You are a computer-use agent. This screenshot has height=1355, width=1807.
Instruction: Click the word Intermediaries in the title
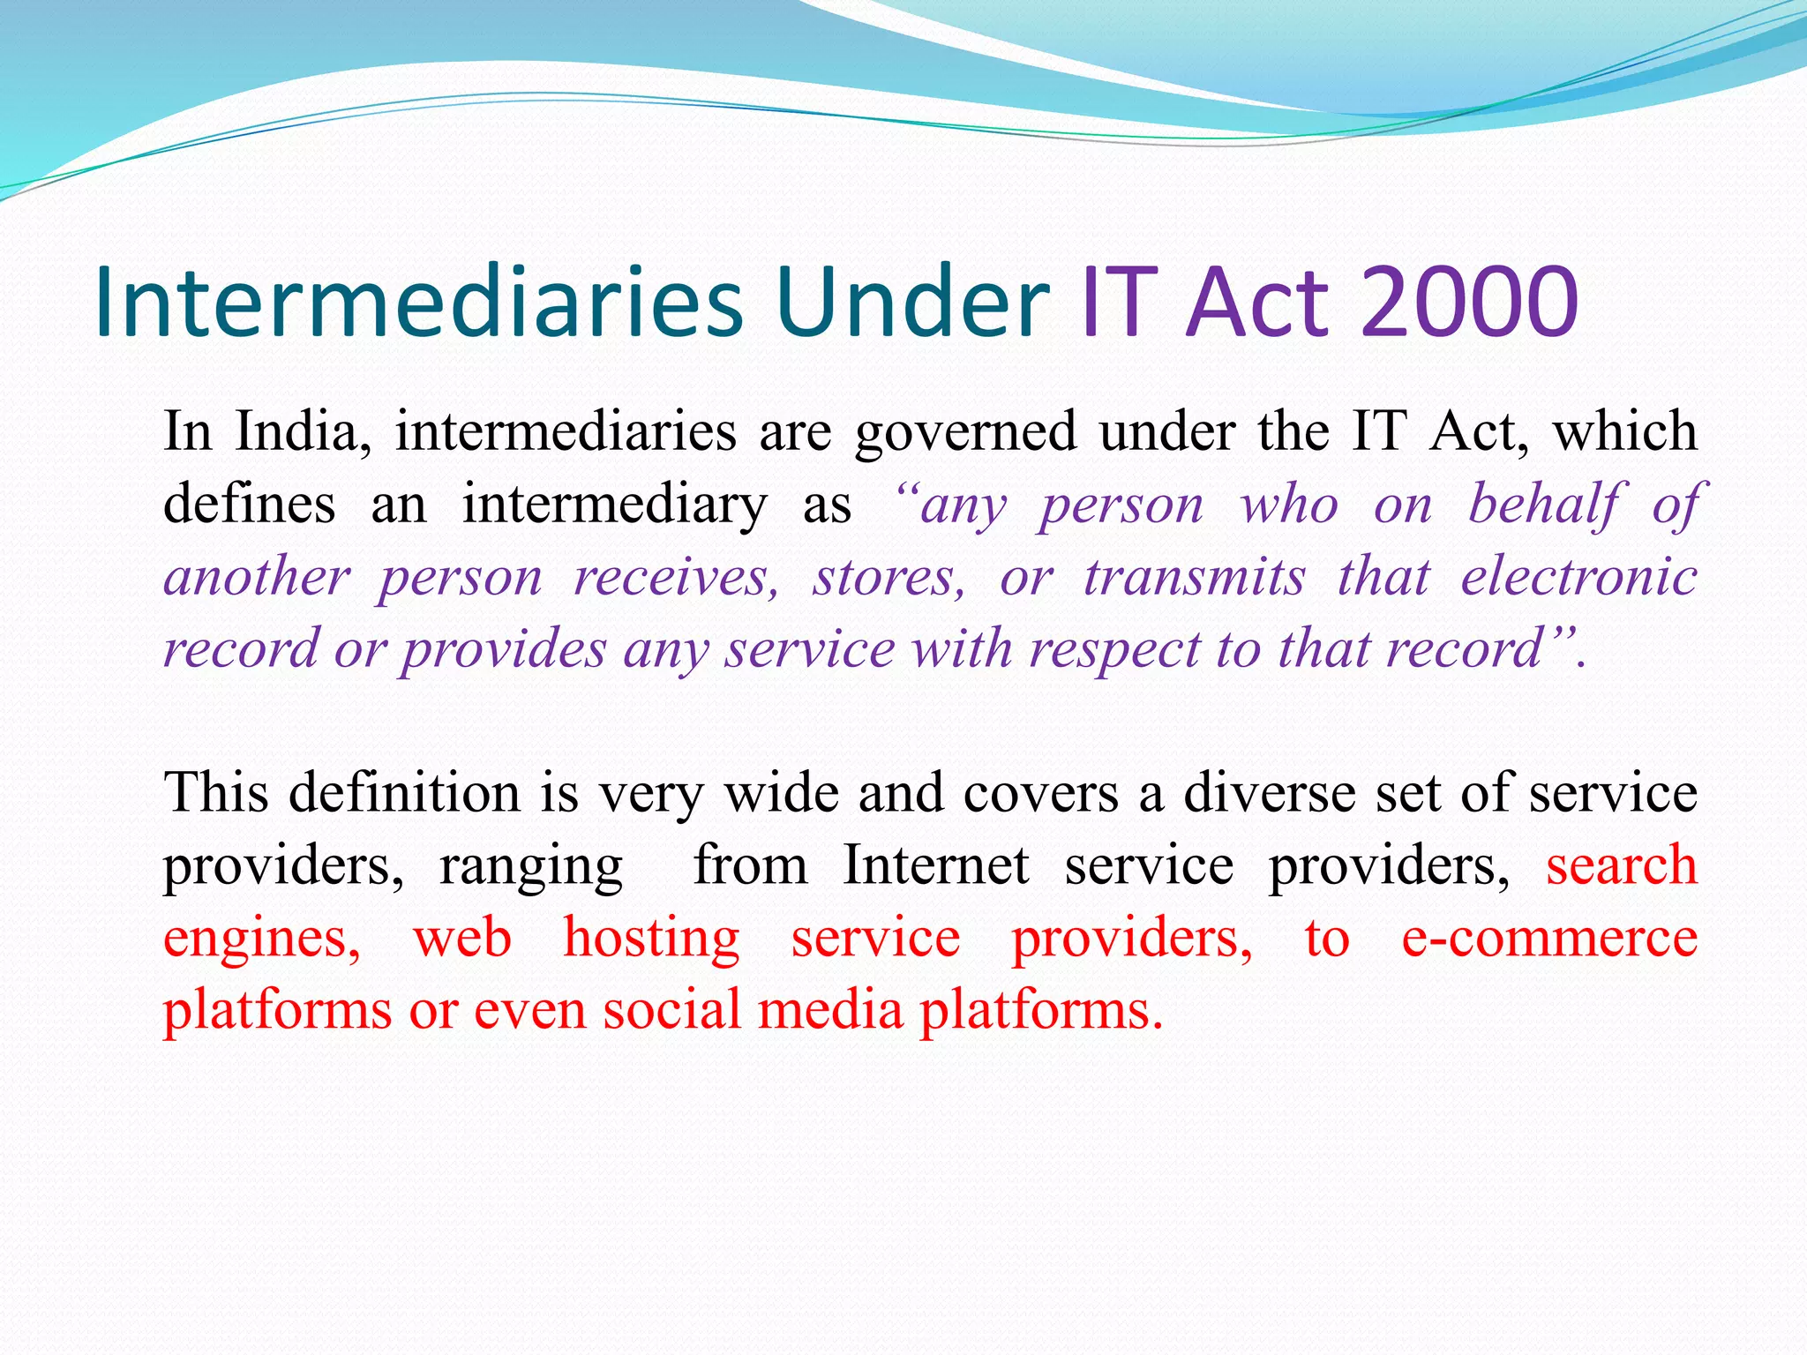tap(418, 302)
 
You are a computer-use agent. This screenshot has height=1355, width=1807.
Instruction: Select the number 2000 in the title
tap(1468, 302)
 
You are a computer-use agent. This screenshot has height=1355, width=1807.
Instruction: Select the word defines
tap(250, 505)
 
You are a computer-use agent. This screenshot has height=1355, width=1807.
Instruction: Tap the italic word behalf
tap(1542, 505)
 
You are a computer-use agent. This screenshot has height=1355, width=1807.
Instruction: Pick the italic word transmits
tap(1194, 578)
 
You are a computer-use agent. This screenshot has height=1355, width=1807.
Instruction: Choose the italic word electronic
tap(1578, 578)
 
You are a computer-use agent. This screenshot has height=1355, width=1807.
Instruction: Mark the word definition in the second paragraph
tap(404, 791)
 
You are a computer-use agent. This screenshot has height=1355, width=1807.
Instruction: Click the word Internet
tap(935, 865)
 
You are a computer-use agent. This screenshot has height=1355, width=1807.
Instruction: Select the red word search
tap(1621, 865)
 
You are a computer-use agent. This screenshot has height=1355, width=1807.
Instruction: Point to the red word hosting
tap(651, 937)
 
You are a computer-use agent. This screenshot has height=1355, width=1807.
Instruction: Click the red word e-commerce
tap(1549, 937)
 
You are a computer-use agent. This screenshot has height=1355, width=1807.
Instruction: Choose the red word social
tap(671, 1009)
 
